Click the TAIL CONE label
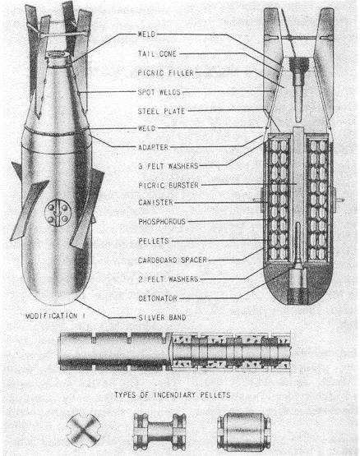(x=157, y=53)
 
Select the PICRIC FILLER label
(x=166, y=72)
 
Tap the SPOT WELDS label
(x=159, y=92)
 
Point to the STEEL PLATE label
(x=162, y=111)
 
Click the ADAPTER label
(x=154, y=147)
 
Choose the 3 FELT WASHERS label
(x=168, y=166)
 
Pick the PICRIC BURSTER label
(x=168, y=185)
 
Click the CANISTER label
(x=155, y=202)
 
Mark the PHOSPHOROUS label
(x=162, y=222)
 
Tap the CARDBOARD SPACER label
(x=173, y=260)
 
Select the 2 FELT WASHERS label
(x=168, y=279)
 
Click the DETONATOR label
(x=158, y=298)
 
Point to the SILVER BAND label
(x=162, y=317)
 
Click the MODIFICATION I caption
(x=55, y=316)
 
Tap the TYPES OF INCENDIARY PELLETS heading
(x=173, y=395)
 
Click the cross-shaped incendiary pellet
(x=84, y=431)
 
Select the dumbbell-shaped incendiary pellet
(x=159, y=431)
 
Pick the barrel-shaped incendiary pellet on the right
(x=244, y=431)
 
